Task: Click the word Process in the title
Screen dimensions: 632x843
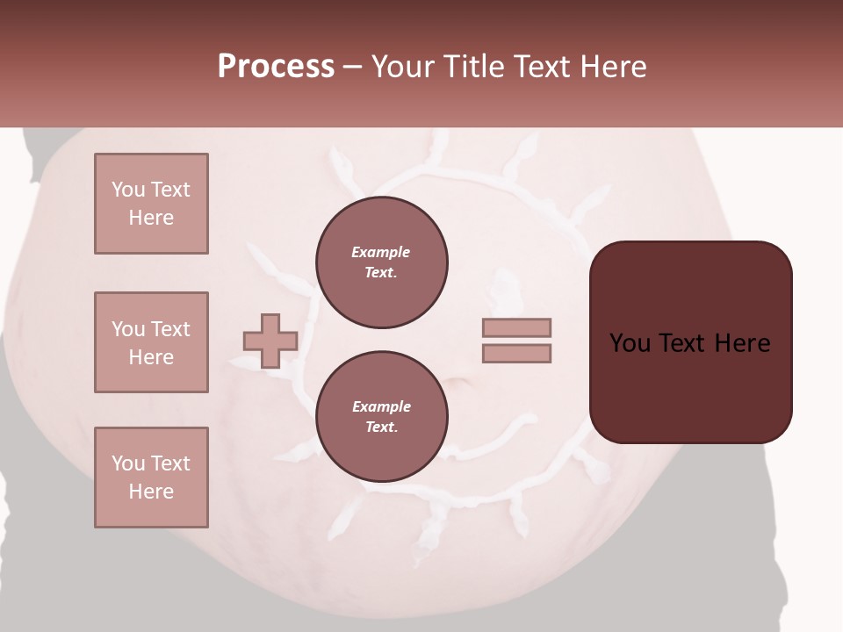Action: [276, 67]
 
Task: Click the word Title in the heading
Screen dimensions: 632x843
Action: [474, 67]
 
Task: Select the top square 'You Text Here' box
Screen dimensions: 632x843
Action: [151, 204]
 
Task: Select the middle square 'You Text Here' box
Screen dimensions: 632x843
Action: [151, 342]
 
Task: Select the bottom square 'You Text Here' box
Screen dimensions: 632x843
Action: [151, 478]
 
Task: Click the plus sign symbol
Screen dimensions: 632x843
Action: [270, 341]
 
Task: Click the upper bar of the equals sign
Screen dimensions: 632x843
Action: [516, 327]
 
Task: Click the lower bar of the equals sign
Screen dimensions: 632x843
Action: [516, 353]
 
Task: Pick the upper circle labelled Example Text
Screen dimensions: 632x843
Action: [382, 262]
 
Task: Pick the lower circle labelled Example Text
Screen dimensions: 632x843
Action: [382, 417]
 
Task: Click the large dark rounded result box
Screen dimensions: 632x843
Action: [691, 342]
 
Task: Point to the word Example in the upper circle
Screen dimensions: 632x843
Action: [381, 252]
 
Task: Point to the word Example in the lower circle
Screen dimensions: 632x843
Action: [381, 406]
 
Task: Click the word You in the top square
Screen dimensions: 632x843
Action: [127, 190]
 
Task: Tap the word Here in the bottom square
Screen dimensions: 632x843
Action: [151, 492]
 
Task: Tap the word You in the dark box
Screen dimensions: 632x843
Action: [630, 343]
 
